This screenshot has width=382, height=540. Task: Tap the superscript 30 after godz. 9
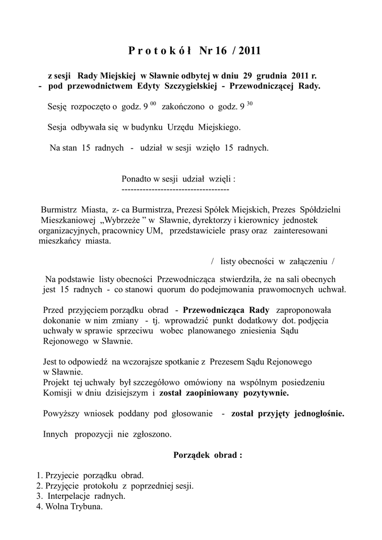pyautogui.click(x=250, y=103)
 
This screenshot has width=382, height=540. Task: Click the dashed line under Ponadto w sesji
pyautogui.click(x=175, y=188)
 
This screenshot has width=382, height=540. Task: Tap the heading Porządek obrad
pyautogui.click(x=207, y=455)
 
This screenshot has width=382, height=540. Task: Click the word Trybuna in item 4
pyautogui.click(x=87, y=507)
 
